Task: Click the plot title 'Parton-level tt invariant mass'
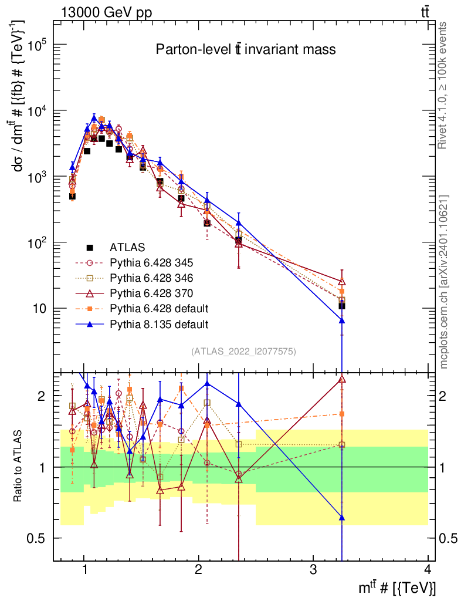click(245, 49)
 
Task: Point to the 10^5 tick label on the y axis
click(38, 45)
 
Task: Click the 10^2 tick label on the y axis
click(38, 242)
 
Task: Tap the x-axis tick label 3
click(313, 570)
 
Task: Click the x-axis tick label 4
click(428, 570)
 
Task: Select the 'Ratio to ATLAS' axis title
click(18, 466)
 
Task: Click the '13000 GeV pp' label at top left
click(106, 13)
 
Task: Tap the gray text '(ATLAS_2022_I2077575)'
click(243, 351)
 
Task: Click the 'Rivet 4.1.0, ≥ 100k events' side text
click(442, 86)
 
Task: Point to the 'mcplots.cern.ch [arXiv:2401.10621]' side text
click(443, 282)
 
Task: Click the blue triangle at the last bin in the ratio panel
click(342, 518)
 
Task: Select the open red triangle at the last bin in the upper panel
click(342, 282)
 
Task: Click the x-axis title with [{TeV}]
click(397, 587)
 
